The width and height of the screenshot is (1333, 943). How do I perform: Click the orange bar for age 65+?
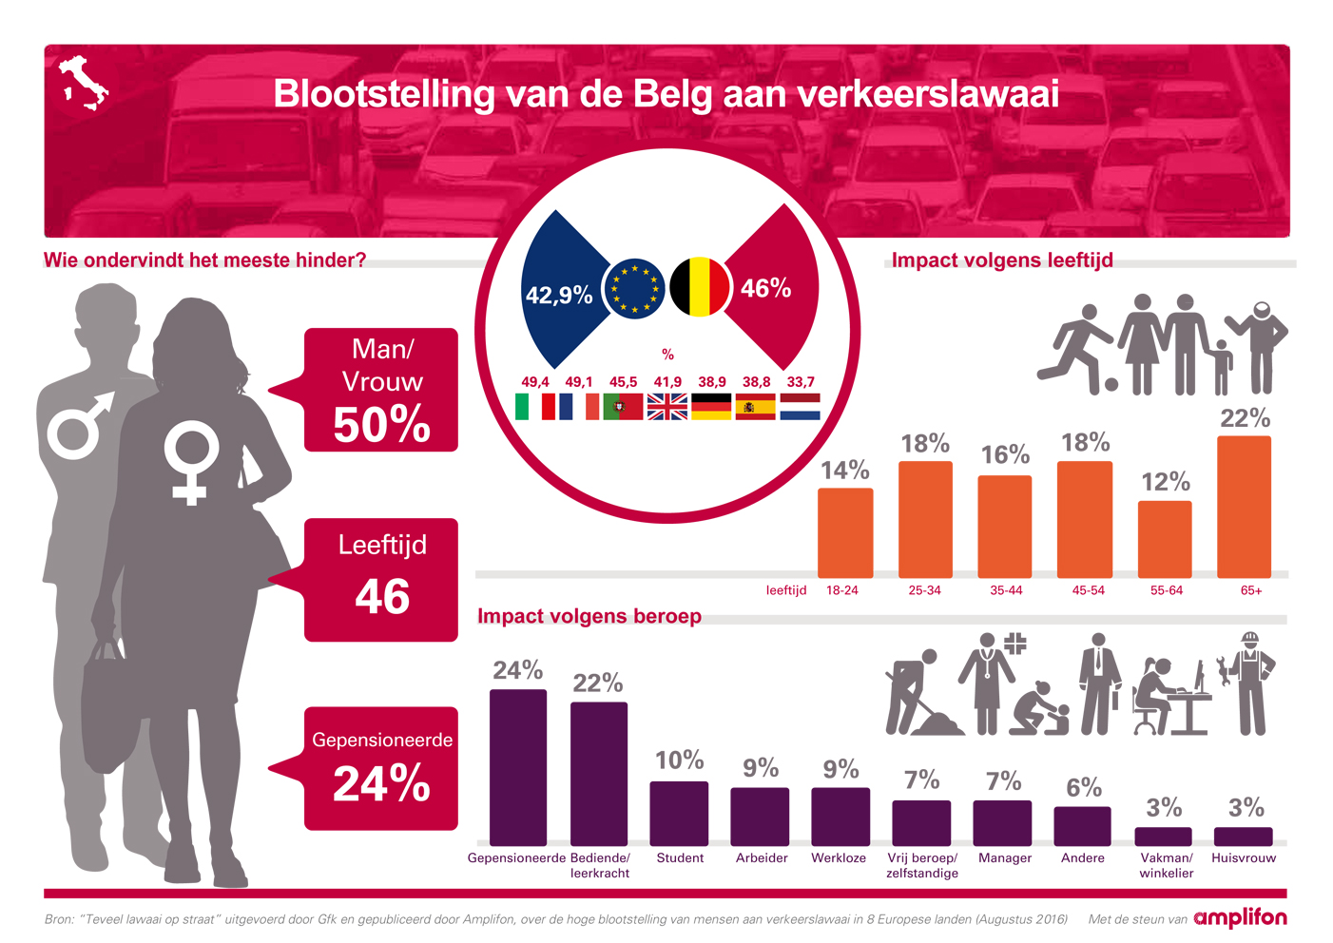(1244, 507)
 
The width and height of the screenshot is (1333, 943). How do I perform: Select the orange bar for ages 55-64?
(1165, 539)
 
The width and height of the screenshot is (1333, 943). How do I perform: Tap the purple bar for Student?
(679, 813)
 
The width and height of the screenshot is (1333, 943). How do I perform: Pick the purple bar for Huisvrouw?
(1243, 837)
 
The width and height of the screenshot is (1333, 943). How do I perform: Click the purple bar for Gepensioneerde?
(518, 767)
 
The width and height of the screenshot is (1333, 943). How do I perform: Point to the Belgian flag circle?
(699, 287)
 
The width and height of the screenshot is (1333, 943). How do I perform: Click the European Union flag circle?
(634, 288)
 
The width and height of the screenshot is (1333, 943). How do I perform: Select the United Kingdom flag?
(667, 407)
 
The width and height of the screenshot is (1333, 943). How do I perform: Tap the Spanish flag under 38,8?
(756, 407)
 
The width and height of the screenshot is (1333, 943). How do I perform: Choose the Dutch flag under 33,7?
(800, 407)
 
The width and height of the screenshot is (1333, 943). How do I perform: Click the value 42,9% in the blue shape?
(559, 295)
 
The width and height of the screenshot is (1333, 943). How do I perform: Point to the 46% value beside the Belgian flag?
(765, 288)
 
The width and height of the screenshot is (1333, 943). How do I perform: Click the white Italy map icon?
(84, 83)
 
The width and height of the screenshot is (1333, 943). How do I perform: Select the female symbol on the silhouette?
(190, 462)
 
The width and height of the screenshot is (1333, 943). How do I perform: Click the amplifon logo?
(1240, 918)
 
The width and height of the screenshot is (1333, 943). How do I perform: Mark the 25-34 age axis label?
(924, 590)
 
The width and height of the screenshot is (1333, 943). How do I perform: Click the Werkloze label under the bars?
(839, 857)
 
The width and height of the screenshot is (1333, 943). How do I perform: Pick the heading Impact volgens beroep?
(589, 616)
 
